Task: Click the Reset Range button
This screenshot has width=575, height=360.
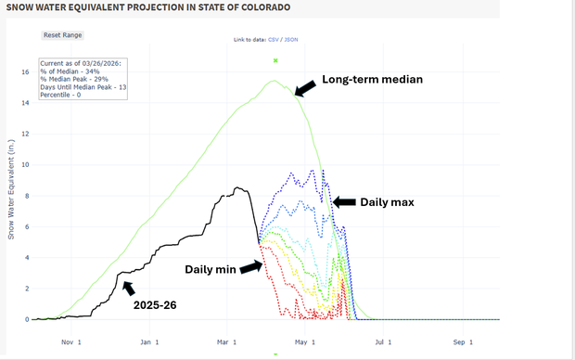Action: coord(63,34)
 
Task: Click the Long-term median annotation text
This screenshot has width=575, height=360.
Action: coord(372,80)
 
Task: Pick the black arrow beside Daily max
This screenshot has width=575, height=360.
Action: coord(343,201)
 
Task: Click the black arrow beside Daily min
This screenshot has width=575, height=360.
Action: coord(251,268)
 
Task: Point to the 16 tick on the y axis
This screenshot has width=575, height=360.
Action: coord(25,72)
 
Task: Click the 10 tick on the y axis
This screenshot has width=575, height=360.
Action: coord(25,165)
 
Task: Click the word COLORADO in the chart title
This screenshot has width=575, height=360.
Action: coord(260,7)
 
